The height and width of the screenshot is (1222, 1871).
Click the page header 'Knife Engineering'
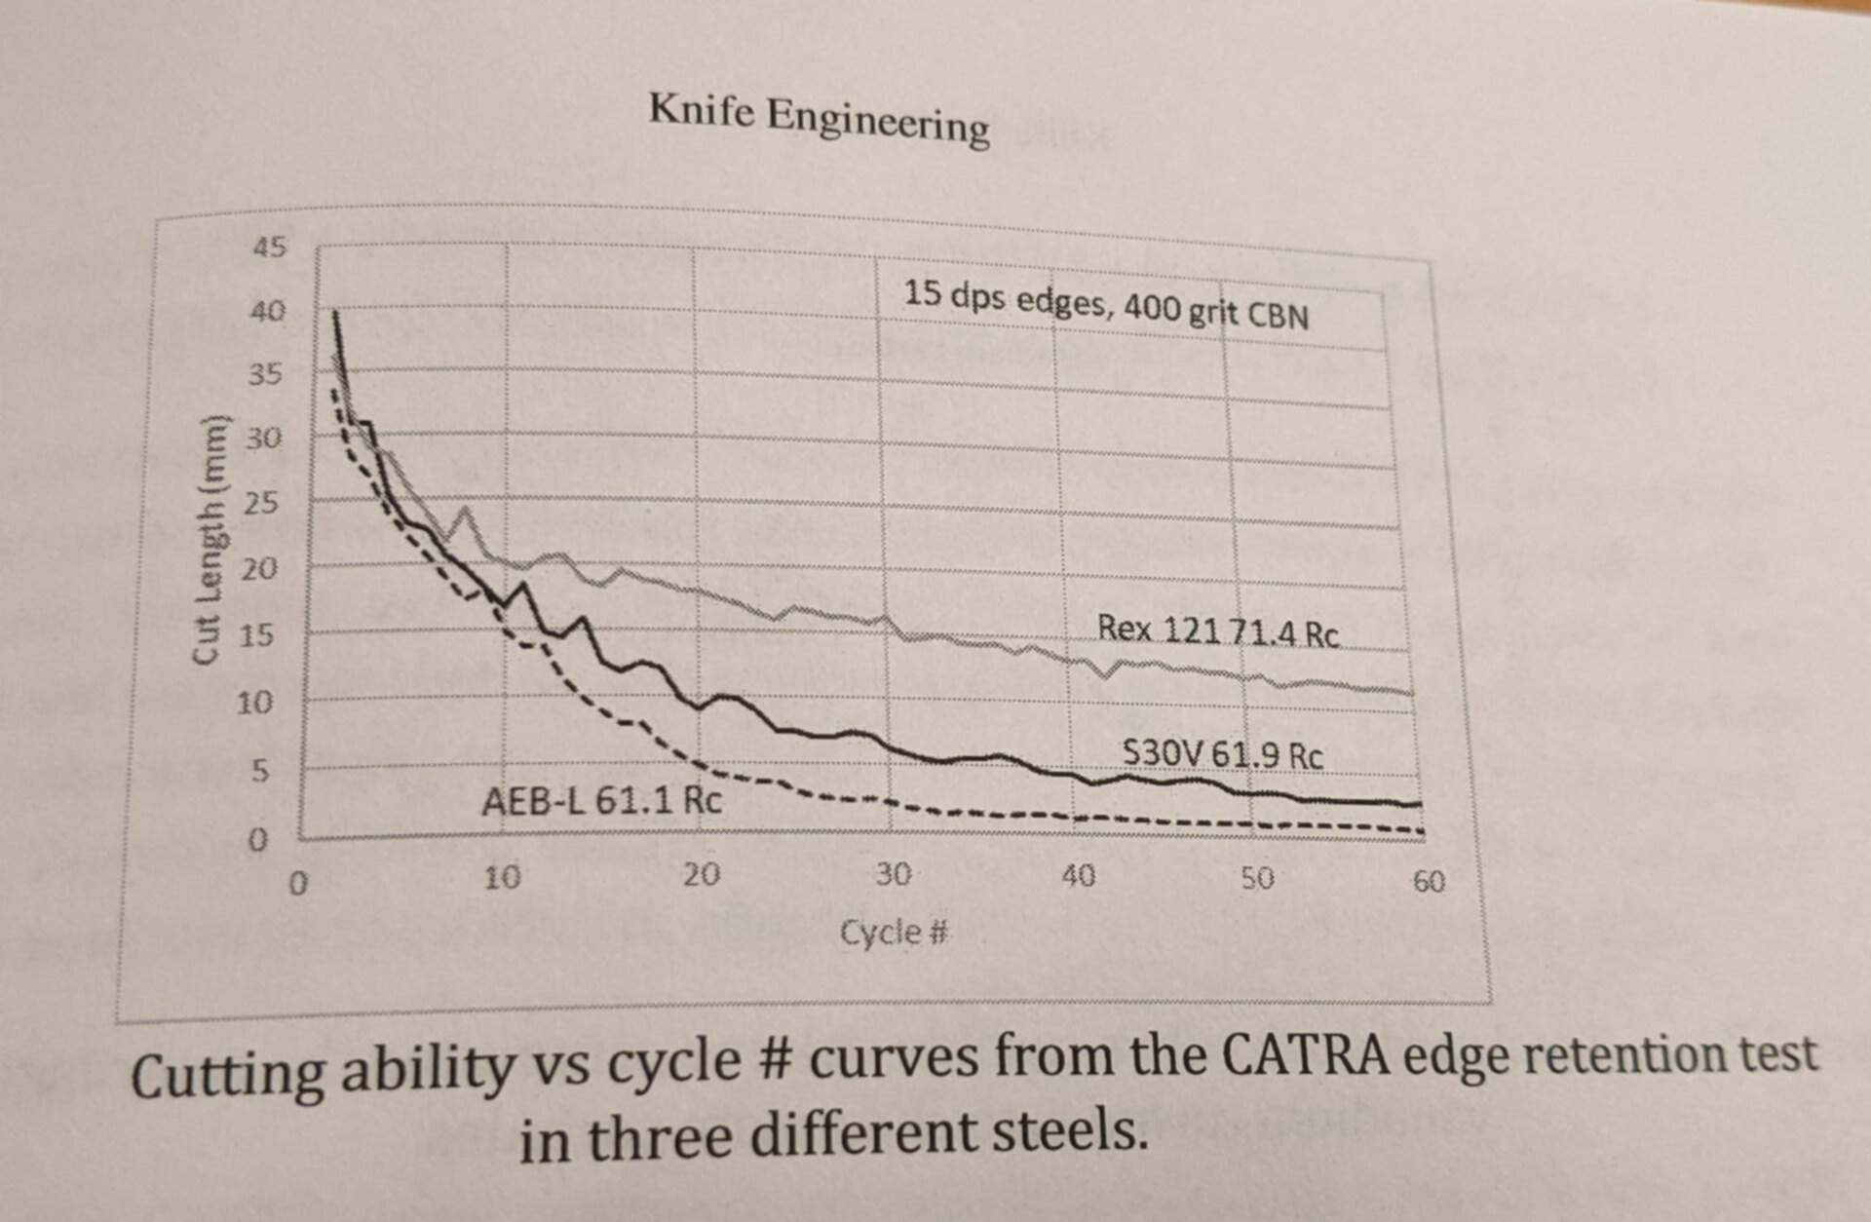[x=819, y=120]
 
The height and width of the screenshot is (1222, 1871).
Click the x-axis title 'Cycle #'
[x=894, y=933]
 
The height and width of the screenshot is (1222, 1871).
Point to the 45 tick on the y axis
[x=270, y=247]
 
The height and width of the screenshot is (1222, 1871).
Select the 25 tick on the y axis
[x=260, y=504]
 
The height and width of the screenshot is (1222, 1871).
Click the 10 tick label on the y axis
[x=255, y=702]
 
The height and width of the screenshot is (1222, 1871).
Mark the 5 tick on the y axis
[x=258, y=772]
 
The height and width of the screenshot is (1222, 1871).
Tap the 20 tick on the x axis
[x=701, y=874]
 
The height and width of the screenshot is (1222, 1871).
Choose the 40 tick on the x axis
[x=1078, y=876]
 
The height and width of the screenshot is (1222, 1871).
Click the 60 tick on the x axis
[x=1429, y=882]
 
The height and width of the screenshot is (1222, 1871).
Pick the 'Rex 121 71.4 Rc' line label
[x=1218, y=630]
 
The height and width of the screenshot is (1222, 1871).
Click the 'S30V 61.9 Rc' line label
[x=1222, y=754]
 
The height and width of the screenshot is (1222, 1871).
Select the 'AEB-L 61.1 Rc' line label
[x=602, y=801]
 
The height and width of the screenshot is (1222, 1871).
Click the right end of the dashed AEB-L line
[x=1422, y=831]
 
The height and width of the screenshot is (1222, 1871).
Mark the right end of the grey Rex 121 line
[x=1410, y=693]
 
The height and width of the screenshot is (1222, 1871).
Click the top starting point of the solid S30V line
[x=334, y=312]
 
